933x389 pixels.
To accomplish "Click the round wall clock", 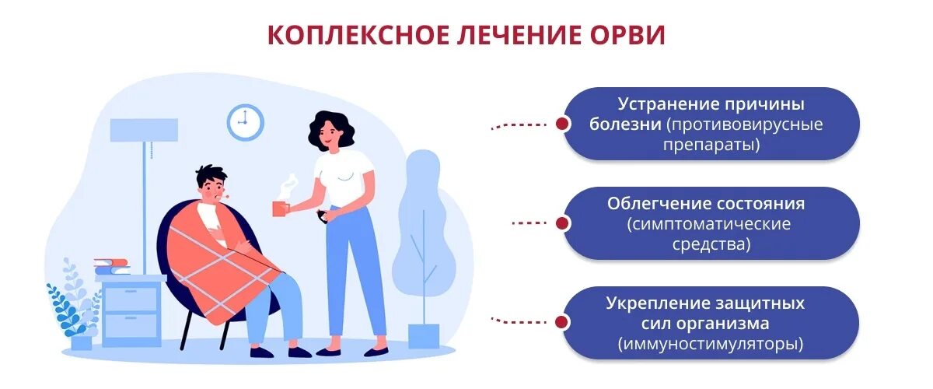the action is (x=245, y=122).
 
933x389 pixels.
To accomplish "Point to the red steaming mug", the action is (x=279, y=209).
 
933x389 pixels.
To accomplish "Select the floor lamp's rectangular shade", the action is (x=144, y=130).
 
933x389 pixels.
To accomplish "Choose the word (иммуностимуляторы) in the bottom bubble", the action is (x=711, y=343).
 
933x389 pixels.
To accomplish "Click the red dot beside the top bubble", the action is (x=561, y=124).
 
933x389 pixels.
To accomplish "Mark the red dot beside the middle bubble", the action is (x=561, y=223).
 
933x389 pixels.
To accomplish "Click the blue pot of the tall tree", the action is (x=424, y=335).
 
